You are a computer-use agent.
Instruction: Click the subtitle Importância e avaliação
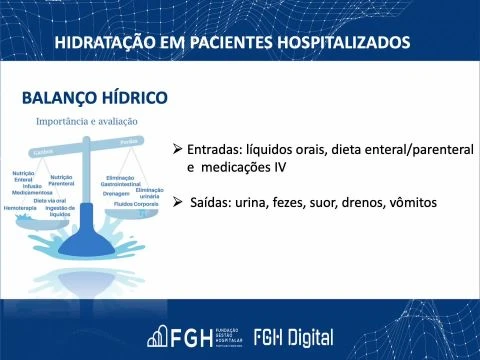pos(87,121)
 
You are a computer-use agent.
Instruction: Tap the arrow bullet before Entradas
pos(177,148)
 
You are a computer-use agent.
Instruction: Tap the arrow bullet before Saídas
pos(177,202)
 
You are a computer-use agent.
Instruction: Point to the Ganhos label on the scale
pos(43,152)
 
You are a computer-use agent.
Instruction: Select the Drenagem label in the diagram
pos(116,193)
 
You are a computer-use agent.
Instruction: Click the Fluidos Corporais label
pos(135,203)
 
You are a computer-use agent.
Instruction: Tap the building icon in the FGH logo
pos(161,336)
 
